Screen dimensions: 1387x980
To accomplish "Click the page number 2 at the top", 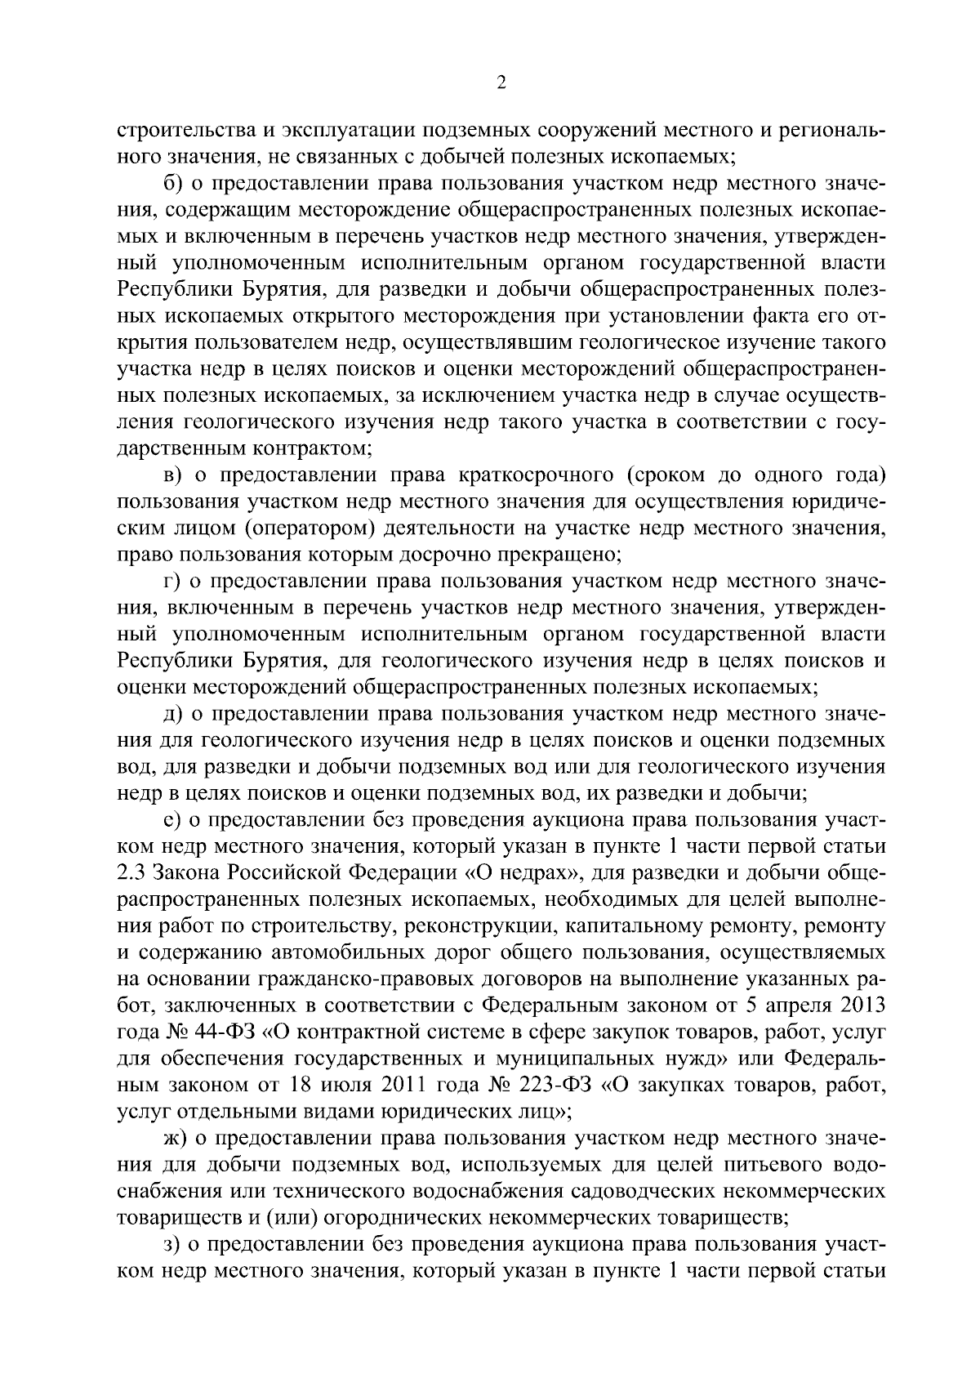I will tap(501, 83).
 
